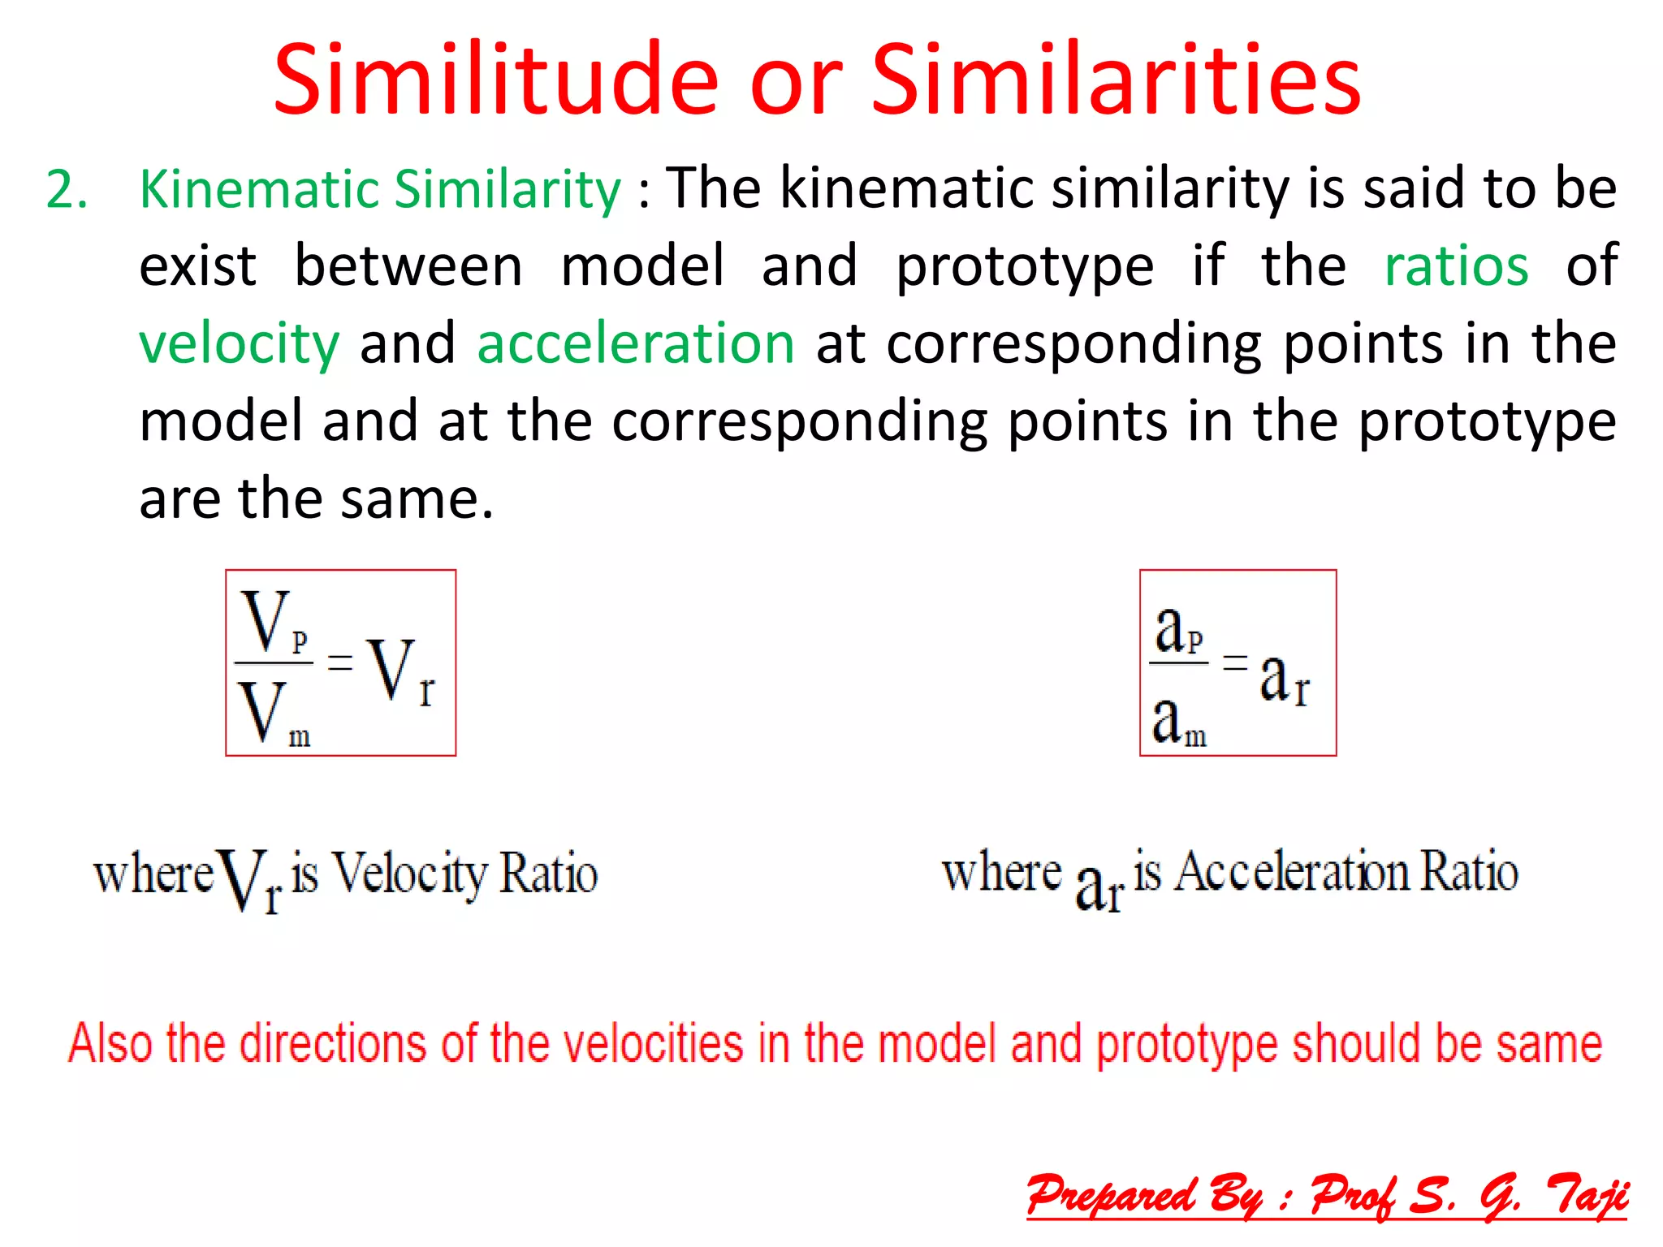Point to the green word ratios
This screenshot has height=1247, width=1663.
1456,266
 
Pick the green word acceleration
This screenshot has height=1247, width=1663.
635,343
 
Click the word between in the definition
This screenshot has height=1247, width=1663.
408,266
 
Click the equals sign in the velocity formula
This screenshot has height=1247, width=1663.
339,662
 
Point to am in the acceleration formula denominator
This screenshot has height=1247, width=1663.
1178,721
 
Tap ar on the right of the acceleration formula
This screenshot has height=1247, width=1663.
1284,679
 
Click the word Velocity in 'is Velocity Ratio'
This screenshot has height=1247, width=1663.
410,874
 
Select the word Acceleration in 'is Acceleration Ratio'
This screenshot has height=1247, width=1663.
1291,873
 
